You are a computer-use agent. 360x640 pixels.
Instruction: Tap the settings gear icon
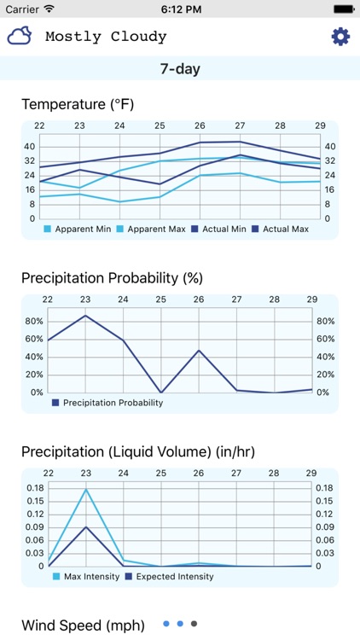pyautogui.click(x=340, y=37)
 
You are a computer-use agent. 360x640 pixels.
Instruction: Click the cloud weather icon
pyautogui.click(x=20, y=36)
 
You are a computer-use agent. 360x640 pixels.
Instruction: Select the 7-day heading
pyautogui.click(x=180, y=69)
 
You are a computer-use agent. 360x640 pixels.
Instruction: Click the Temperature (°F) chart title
pyautogui.click(x=77, y=105)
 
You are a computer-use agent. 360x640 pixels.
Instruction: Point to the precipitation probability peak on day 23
pyautogui.click(x=85, y=316)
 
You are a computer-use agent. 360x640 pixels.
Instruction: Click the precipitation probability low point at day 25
pyautogui.click(x=160, y=393)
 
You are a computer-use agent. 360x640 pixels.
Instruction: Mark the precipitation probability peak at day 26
pyautogui.click(x=198, y=350)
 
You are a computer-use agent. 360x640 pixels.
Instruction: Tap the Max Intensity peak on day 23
pyautogui.click(x=85, y=489)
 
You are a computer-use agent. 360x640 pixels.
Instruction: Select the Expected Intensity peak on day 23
pyautogui.click(x=85, y=527)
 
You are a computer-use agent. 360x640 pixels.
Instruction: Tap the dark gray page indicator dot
pyautogui.click(x=195, y=624)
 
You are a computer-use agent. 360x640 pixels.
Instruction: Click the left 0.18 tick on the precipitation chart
pyautogui.click(x=35, y=488)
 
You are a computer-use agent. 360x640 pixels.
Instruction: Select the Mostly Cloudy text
pyautogui.click(x=106, y=37)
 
